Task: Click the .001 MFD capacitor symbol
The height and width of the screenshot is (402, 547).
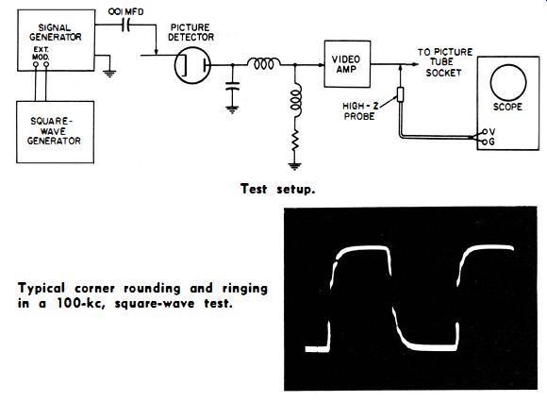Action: pyautogui.click(x=126, y=25)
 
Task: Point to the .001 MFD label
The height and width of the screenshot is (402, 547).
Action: pyautogui.click(x=125, y=11)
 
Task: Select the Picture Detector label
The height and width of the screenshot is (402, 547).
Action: pyautogui.click(x=191, y=32)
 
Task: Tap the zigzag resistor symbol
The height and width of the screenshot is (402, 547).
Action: pyautogui.click(x=295, y=140)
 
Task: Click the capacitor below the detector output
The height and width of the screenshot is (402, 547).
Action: pyautogui.click(x=232, y=86)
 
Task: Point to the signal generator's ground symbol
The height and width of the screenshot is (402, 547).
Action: pyautogui.click(x=109, y=74)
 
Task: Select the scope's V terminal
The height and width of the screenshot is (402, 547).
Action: pyautogui.click(x=485, y=132)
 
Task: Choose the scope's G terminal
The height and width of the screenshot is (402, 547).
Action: pyautogui.click(x=485, y=142)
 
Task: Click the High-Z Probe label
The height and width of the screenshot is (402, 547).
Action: pyautogui.click(x=360, y=111)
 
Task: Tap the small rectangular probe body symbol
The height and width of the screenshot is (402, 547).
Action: pyautogui.click(x=401, y=94)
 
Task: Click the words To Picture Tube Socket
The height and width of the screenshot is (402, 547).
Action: pyautogui.click(x=445, y=62)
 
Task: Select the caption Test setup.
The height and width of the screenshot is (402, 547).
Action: pyautogui.click(x=277, y=189)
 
